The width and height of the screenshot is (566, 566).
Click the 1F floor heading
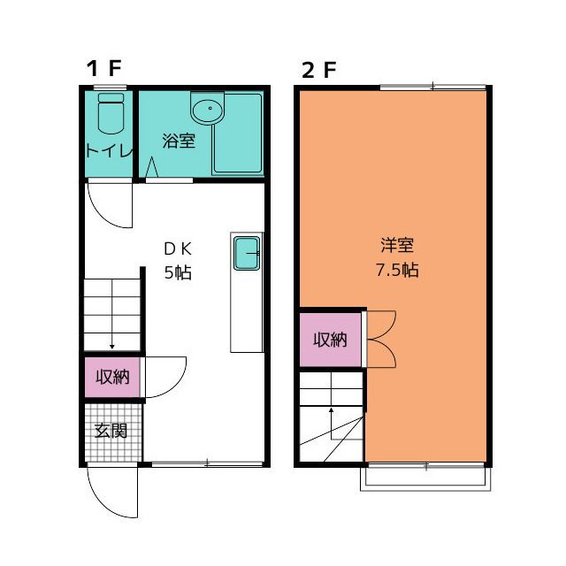coord(104,68)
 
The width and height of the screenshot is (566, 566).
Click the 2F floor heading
coord(319,70)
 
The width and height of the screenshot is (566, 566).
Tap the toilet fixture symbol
coord(111,113)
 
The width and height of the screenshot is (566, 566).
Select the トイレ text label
coord(110,150)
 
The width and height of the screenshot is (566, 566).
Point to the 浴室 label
coord(179,141)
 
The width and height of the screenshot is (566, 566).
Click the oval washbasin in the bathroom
coord(209,109)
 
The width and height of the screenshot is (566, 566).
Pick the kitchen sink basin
coord(247,253)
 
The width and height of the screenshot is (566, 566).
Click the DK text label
coord(178,249)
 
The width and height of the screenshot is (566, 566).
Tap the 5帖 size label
coord(178,272)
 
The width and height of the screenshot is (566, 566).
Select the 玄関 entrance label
coord(111,431)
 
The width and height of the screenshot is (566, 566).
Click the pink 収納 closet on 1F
coord(112,378)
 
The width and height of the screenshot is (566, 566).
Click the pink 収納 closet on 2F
coord(330,340)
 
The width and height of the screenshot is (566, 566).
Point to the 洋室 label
coord(397,245)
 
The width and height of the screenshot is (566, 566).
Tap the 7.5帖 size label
coord(397,270)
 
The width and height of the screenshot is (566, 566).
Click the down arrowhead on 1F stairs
coord(112,347)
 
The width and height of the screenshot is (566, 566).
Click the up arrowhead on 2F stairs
coord(331,410)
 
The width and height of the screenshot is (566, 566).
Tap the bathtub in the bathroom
coord(237,134)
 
